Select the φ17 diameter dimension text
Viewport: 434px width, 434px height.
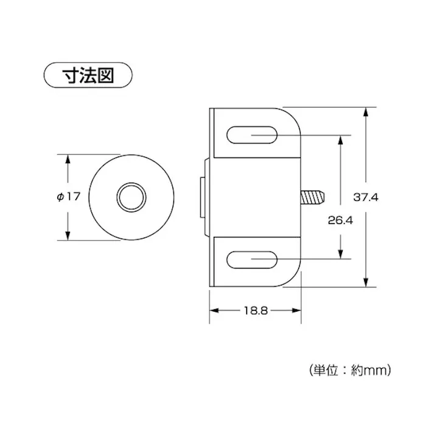68,197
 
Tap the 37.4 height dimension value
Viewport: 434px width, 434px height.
366,197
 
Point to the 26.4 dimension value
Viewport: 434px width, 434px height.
340,220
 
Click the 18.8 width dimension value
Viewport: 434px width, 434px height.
256,310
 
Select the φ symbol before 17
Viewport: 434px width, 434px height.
59,197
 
